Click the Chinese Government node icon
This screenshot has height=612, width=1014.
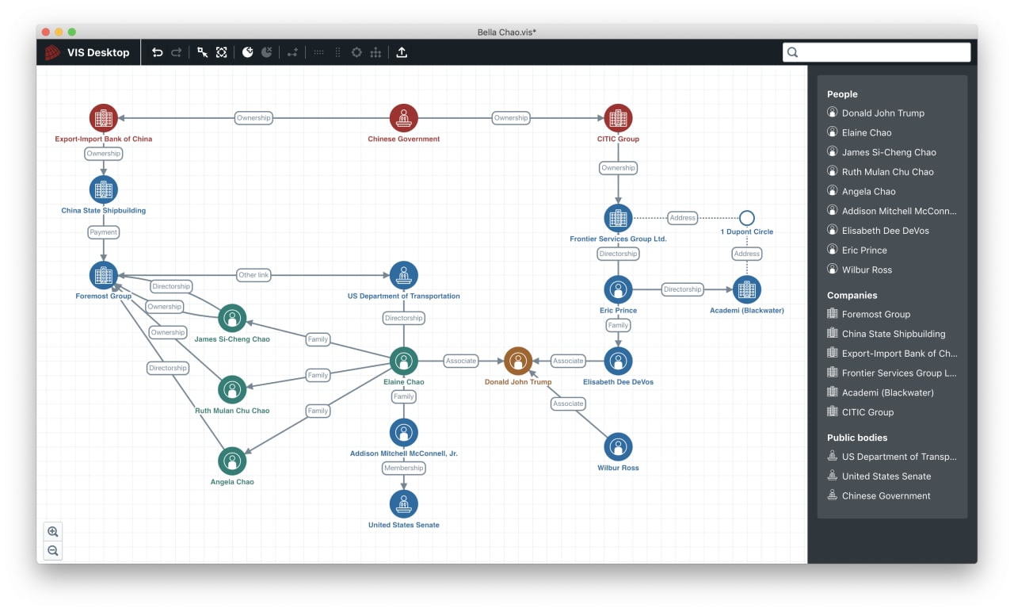click(x=403, y=118)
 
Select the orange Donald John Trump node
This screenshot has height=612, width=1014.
click(x=518, y=361)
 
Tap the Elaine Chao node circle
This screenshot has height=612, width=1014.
click(x=403, y=361)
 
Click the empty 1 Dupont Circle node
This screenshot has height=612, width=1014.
click(x=746, y=218)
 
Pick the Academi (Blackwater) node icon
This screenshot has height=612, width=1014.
click(x=746, y=289)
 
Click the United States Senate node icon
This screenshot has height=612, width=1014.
click(x=403, y=503)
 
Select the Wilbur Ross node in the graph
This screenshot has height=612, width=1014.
click(x=618, y=446)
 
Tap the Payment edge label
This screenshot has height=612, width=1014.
click(x=103, y=232)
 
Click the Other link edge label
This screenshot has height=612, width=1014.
click(x=253, y=275)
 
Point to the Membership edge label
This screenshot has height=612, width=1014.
click(x=403, y=468)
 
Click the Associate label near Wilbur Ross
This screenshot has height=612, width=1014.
click(x=568, y=404)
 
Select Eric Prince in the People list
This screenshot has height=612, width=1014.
click(x=864, y=250)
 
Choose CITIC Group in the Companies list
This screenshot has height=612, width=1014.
click(x=867, y=412)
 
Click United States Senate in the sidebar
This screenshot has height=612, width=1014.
click(x=886, y=476)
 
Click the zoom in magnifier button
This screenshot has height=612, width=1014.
click(x=53, y=531)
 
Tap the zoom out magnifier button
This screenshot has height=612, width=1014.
click(x=53, y=551)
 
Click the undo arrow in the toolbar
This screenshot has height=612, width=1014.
click(x=157, y=52)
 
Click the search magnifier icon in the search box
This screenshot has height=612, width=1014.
click(x=792, y=52)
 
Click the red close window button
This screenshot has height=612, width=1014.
click(x=45, y=32)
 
